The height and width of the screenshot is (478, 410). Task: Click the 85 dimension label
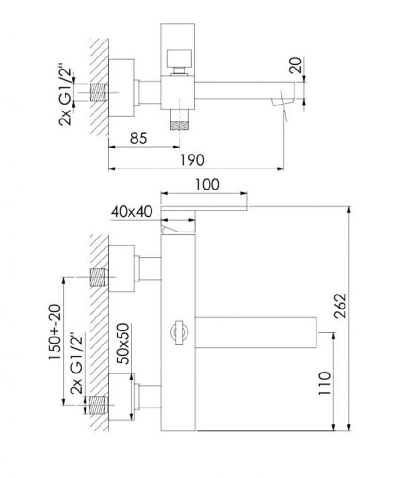(138, 138)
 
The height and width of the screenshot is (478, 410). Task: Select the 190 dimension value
(192, 160)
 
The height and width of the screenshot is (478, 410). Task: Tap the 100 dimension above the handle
(207, 185)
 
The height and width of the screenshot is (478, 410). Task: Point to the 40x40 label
(131, 211)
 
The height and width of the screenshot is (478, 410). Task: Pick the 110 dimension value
(324, 383)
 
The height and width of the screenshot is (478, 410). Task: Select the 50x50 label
(123, 344)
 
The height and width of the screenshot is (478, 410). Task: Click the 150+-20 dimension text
(55, 332)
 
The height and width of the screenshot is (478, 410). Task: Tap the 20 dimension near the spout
(295, 65)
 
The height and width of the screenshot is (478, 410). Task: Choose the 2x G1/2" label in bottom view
(77, 363)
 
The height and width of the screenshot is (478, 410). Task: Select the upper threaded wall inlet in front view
(99, 277)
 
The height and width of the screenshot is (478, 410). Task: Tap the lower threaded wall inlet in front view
(99, 405)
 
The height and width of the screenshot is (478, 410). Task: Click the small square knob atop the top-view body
(178, 59)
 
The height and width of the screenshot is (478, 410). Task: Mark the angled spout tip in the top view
(283, 102)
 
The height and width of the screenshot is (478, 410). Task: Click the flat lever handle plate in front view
(204, 209)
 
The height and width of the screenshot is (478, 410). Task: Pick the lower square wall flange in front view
(122, 397)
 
